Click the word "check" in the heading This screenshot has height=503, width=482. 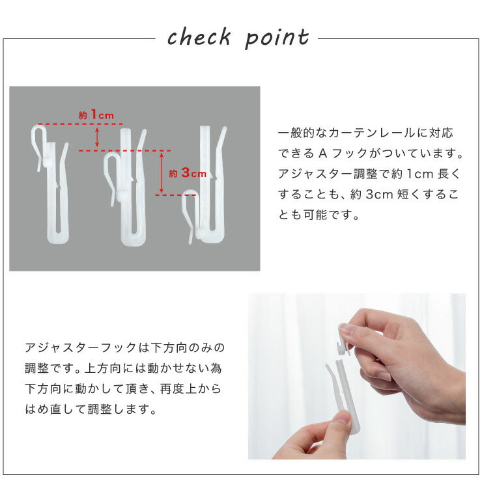pos(199,38)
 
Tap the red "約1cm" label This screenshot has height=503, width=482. pos(96,115)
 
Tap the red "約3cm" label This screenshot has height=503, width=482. pos(187,173)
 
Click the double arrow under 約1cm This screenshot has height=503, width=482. pos(97,137)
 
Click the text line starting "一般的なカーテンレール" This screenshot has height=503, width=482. pos(365,133)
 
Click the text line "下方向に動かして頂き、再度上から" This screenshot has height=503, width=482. pos(123,390)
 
